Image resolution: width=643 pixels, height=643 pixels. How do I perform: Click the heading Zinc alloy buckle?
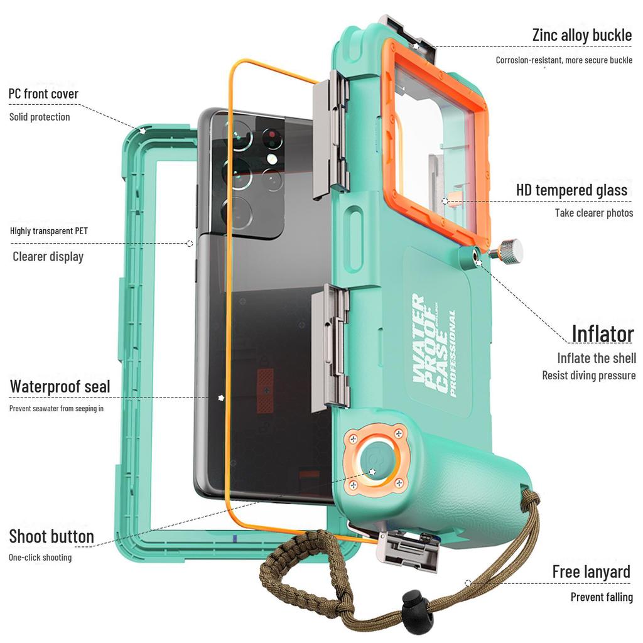581,35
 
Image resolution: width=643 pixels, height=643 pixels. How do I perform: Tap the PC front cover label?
43,94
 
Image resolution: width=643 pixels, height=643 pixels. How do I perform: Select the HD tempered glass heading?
571,190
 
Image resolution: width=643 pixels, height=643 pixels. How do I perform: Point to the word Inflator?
603,333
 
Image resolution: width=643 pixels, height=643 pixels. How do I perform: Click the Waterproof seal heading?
60,387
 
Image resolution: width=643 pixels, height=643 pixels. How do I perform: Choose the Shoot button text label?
51,536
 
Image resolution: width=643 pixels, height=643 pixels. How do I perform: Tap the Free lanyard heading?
591,571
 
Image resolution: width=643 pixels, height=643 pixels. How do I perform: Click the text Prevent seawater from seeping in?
56,408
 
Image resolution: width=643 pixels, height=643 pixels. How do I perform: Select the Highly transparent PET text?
49,231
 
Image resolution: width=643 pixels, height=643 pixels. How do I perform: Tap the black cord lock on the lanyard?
418,607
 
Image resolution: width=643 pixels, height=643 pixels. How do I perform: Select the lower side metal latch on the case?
330,347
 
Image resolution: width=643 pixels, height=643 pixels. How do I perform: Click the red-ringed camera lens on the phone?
271,137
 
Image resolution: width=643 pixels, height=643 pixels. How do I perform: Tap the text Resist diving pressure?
589,376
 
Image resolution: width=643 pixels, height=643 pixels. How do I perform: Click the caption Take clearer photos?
594,213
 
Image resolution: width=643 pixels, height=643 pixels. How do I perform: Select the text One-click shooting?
40,558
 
